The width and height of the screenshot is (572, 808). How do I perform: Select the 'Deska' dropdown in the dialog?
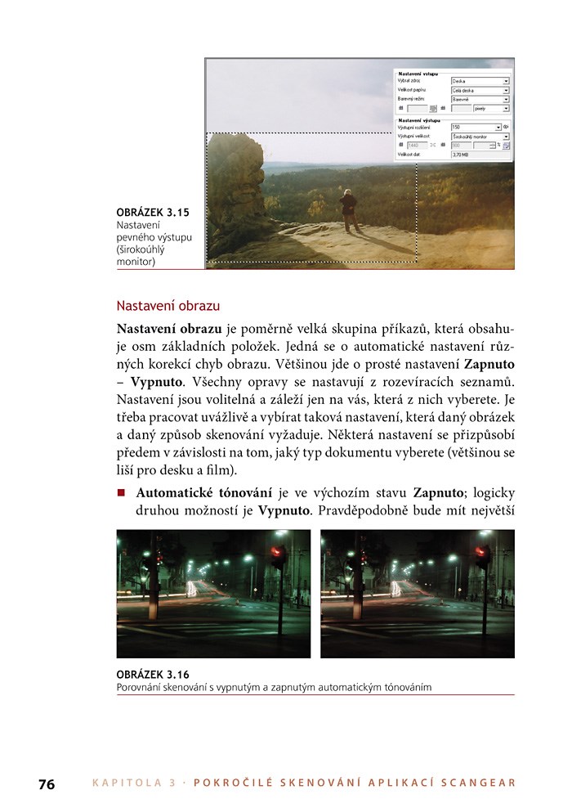pyautogui.click(x=480, y=81)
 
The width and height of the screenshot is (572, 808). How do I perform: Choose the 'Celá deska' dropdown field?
pyautogui.click(x=480, y=90)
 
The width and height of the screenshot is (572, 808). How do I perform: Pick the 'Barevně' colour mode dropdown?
pyautogui.click(x=480, y=99)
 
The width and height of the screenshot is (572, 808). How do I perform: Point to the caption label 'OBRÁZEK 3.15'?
pyautogui.click(x=153, y=213)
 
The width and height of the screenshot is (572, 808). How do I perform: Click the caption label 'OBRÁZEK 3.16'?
pyautogui.click(x=153, y=675)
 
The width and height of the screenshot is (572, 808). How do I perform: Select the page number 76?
pyautogui.click(x=47, y=783)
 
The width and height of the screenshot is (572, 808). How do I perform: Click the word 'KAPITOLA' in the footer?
pyautogui.click(x=128, y=783)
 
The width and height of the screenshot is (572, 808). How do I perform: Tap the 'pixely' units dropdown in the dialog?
pyautogui.click(x=490, y=108)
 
